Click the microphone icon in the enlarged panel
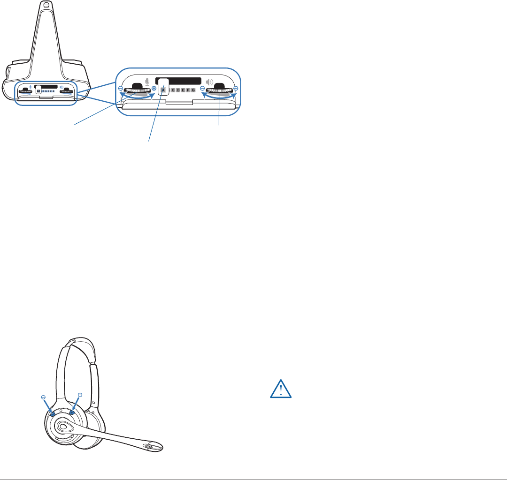coord(147,82)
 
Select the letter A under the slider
coord(163,90)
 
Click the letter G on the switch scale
coord(193,90)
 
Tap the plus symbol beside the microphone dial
coord(154,88)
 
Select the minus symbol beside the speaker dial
coord(202,88)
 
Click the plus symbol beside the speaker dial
coord(236,88)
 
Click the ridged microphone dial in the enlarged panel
coord(137,90)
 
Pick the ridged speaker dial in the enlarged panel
coord(219,90)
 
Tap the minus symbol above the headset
coord(43,397)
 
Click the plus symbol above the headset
coord(80,395)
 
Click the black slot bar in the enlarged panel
coord(178,81)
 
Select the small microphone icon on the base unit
coord(31,86)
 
